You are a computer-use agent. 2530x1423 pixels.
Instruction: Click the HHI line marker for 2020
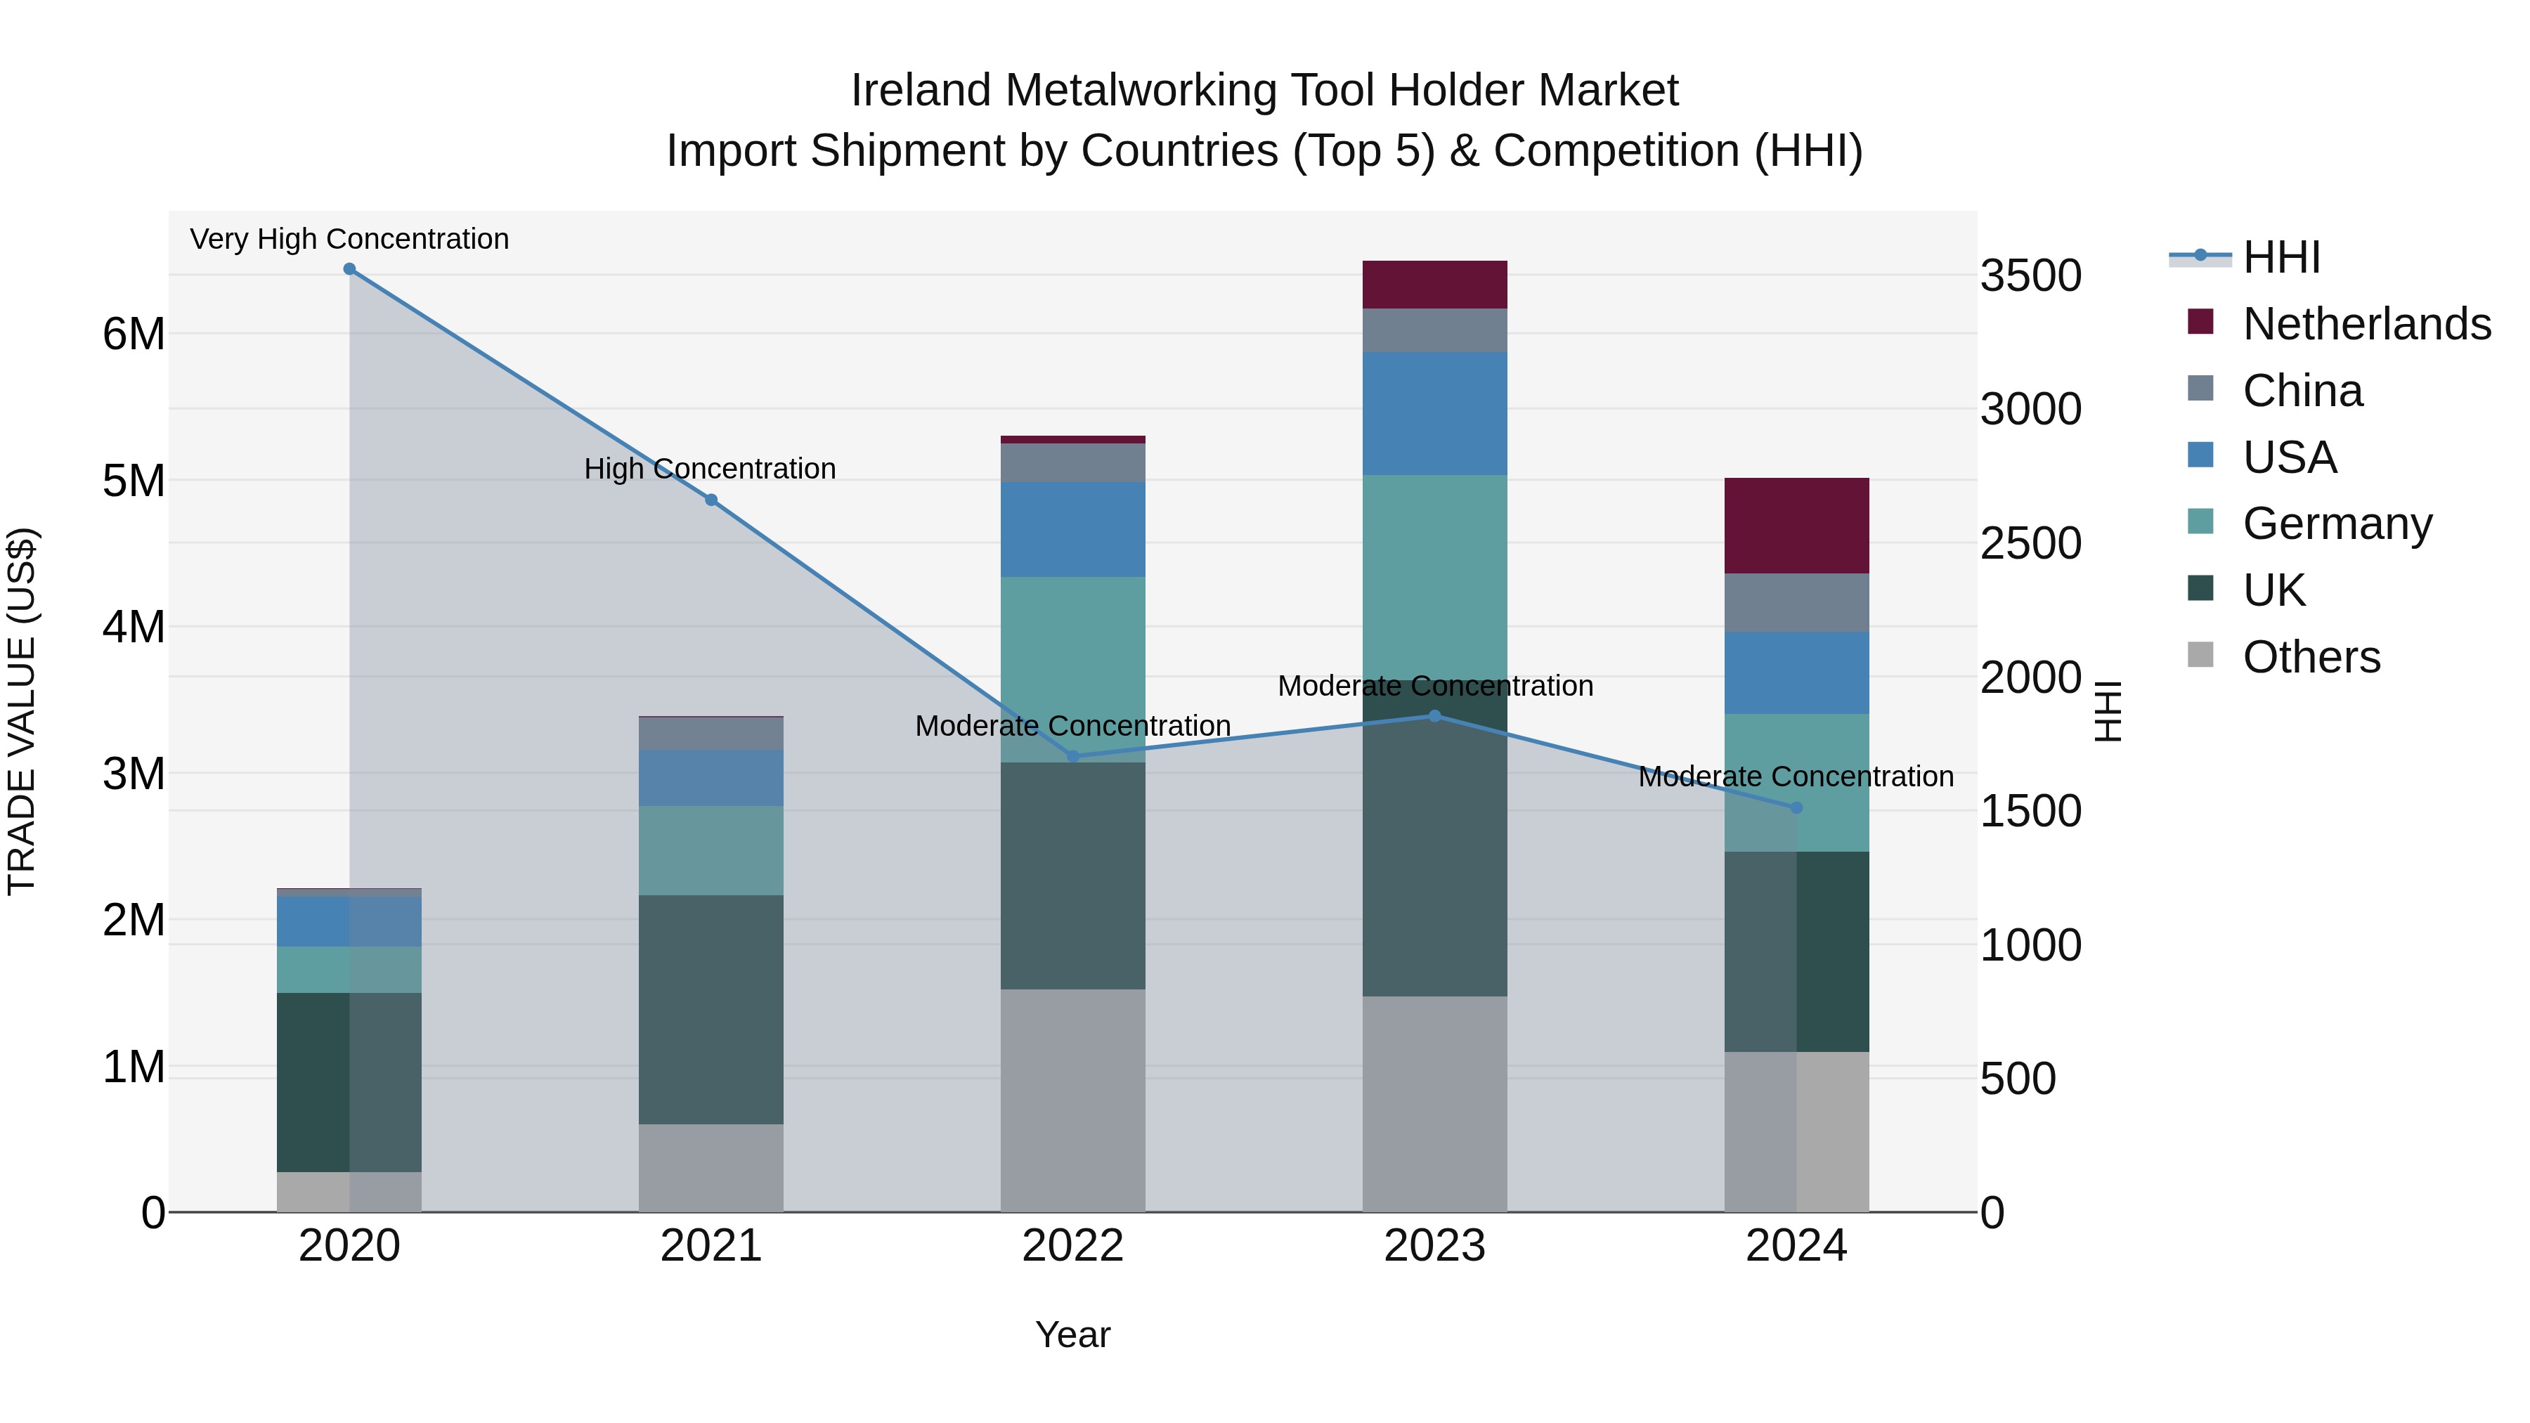[x=350, y=269]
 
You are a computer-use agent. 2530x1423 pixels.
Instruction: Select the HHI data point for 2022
[x=1072, y=756]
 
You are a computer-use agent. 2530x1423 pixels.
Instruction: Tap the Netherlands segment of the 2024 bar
[x=1796, y=526]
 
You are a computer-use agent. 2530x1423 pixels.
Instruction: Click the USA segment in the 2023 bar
[x=1434, y=413]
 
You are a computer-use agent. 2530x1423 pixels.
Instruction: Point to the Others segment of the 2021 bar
[x=711, y=1168]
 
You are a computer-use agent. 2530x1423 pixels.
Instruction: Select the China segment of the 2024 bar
[x=1796, y=602]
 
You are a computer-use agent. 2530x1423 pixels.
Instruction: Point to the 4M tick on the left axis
[x=134, y=627]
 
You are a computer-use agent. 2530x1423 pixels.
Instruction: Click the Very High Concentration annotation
[x=350, y=239]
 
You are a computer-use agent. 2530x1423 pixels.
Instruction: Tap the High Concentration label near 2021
[x=710, y=469]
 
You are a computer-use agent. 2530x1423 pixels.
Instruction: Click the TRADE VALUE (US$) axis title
[x=22, y=711]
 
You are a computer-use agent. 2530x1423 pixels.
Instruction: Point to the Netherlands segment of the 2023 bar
[x=1434, y=285]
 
